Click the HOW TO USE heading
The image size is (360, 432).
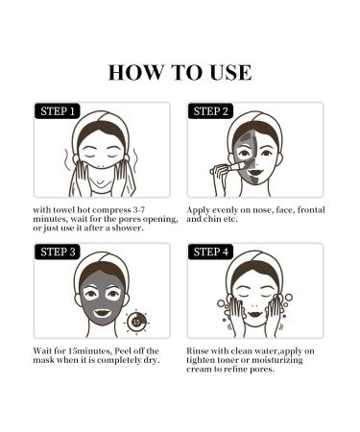[180, 72]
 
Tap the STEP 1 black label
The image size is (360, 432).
[60, 111]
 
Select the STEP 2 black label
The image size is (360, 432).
[211, 111]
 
